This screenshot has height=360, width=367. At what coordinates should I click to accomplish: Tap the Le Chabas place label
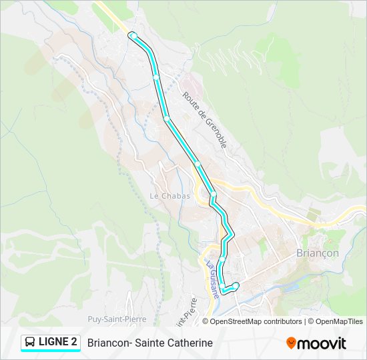pos(169,196)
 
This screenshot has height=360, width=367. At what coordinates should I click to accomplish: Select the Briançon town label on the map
pos(317,253)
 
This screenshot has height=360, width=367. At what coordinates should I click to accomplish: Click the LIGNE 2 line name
pos(57,342)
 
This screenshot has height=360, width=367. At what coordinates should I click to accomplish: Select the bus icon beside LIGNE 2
pos(30,343)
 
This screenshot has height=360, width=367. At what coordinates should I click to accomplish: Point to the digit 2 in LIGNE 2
pos(73,342)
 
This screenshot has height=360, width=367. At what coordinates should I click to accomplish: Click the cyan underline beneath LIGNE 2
pos(50,352)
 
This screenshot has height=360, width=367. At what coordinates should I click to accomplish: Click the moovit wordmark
pos(322,343)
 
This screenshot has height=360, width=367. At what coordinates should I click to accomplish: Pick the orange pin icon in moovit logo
pos(291,343)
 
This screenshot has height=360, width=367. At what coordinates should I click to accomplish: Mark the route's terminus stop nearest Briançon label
pos(236,285)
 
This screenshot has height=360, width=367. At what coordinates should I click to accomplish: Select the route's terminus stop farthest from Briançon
pos(133,35)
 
